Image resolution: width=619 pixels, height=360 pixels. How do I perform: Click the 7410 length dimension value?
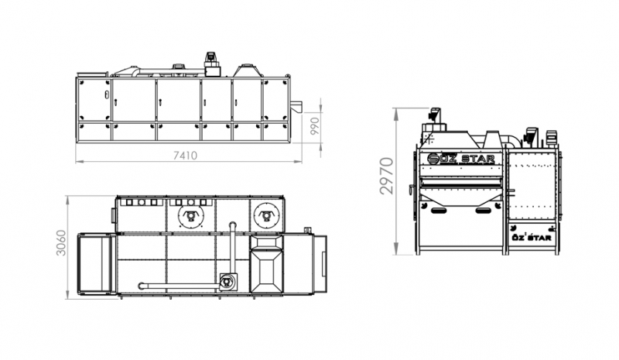[x=185, y=156]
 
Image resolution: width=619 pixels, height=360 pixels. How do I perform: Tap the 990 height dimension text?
[x=315, y=126]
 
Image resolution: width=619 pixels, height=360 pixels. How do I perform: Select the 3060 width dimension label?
[x=61, y=243]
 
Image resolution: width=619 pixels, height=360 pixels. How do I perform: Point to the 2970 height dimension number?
[x=387, y=176]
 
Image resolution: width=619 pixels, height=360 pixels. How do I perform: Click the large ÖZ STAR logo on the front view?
[x=460, y=159]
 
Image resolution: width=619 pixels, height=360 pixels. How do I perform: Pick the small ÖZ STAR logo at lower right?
[x=532, y=238]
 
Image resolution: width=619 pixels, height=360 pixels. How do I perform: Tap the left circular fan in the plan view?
[x=190, y=216]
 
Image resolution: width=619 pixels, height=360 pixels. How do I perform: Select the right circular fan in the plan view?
[x=264, y=216]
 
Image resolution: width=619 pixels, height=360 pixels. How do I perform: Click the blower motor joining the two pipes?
[x=227, y=282]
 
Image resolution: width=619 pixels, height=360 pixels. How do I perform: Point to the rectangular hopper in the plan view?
[x=267, y=264]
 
